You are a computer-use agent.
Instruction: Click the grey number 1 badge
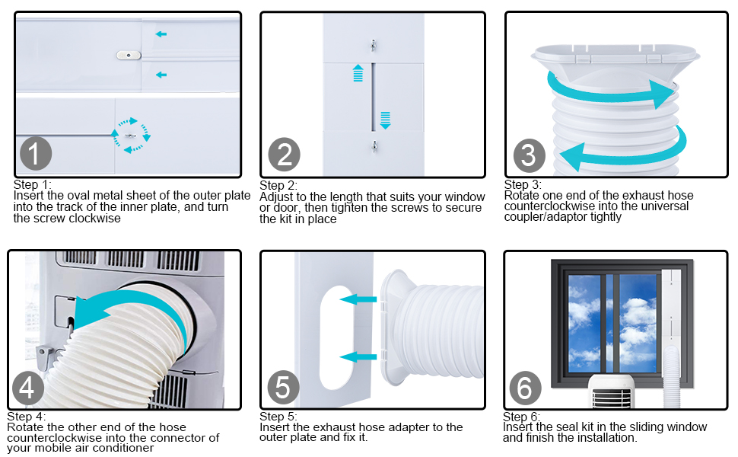click(34, 155)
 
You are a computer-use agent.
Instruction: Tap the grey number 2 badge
click(284, 155)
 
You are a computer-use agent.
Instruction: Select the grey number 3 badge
click(529, 155)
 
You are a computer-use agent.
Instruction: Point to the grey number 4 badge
click(27, 388)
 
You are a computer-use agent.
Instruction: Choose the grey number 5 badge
click(283, 388)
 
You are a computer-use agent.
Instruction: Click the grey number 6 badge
click(525, 388)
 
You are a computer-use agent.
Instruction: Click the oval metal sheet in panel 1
click(129, 55)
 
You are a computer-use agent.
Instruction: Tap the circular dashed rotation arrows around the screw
click(131, 135)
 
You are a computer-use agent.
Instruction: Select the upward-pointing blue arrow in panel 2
click(358, 73)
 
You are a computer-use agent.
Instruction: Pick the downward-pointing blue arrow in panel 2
click(385, 120)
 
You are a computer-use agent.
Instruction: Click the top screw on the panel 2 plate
click(372, 46)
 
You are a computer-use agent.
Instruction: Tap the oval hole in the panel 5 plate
click(332, 331)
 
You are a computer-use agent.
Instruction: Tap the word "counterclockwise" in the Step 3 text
click(547, 206)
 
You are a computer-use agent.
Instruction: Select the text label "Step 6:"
click(522, 417)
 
